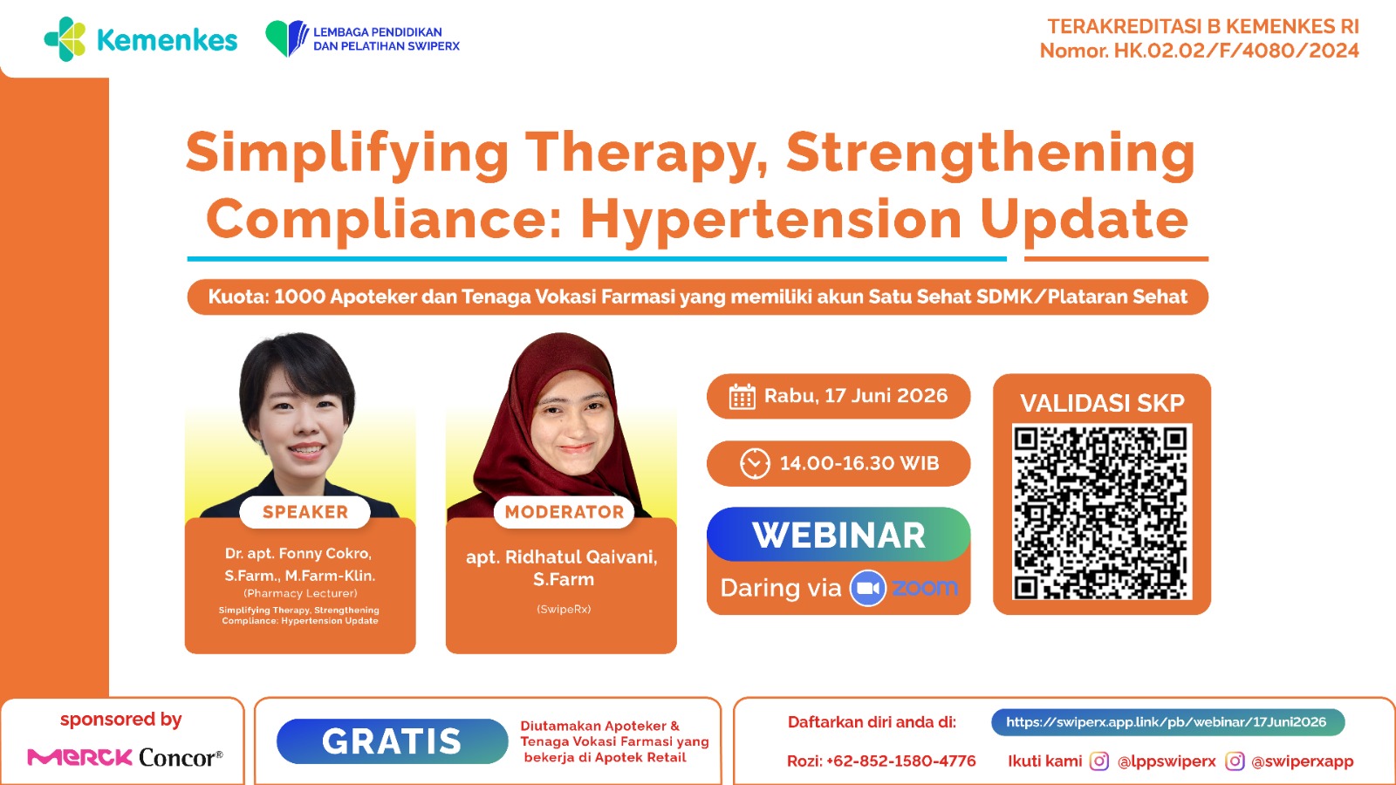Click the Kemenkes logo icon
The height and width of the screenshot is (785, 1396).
65,39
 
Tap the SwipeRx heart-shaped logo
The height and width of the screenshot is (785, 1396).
287,38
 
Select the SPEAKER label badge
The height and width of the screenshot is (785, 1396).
305,512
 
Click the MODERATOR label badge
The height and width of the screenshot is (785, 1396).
564,512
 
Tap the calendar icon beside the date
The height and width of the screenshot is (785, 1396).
742,396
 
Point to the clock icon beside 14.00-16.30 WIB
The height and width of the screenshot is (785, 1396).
755,463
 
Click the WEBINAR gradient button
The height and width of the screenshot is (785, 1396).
838,535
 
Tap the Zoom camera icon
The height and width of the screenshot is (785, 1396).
867,588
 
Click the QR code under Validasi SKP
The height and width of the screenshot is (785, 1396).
1102,512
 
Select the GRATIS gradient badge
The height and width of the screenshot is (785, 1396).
392,741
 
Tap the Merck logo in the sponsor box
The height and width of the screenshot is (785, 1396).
79,758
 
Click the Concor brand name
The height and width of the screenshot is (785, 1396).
181,758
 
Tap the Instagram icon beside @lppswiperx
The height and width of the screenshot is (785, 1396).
1098,761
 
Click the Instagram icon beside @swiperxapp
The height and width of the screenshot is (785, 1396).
1235,761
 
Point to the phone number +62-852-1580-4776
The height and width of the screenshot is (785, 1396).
900,761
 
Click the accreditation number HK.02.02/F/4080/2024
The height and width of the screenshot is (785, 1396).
1236,51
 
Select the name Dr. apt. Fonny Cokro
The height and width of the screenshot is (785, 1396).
298,554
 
